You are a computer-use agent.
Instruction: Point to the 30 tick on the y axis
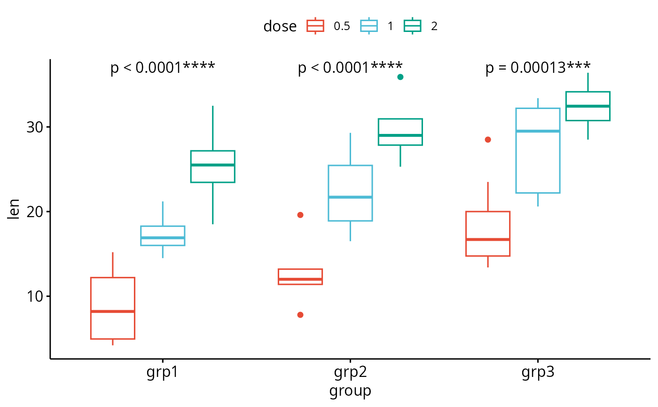[33, 127]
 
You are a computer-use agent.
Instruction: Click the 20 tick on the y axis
[33, 212]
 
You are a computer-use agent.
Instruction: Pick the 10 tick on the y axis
[33, 297]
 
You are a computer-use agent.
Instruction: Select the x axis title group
[350, 391]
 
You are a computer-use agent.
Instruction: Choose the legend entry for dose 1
[378, 26]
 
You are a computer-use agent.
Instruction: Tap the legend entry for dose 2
[421, 26]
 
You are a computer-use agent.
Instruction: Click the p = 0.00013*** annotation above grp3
[538, 68]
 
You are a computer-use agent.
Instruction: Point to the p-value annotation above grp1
[163, 68]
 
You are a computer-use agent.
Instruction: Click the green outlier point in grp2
[400, 77]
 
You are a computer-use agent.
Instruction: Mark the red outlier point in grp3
[488, 140]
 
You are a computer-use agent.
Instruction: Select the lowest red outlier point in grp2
[300, 315]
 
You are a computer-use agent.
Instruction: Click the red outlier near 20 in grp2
[300, 215]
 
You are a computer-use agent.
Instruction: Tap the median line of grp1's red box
[113, 311]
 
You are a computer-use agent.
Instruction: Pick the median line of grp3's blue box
[538, 131]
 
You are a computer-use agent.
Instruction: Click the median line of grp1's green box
[213, 165]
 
